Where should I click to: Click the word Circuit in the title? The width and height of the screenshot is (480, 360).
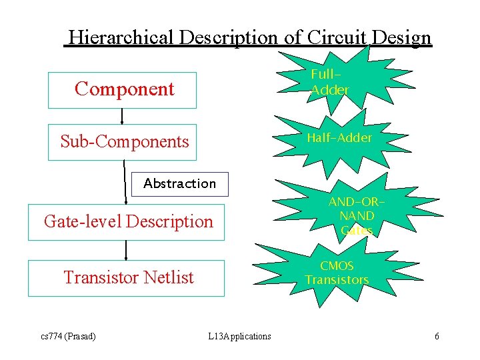(339, 37)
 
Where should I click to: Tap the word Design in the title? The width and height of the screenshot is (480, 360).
(402, 37)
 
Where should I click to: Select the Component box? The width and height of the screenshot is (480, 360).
(122, 89)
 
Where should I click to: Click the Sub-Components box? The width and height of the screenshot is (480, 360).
(122, 142)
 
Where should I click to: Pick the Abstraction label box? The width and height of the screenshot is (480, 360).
(179, 183)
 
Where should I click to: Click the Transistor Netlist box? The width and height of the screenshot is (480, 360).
(127, 277)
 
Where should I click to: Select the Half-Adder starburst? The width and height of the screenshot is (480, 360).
(339, 138)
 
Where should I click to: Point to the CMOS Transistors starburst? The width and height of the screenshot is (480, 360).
(337, 273)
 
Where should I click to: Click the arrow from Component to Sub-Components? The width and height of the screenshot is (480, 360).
(122, 116)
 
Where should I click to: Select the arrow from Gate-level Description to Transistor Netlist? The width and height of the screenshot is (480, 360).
(126, 249)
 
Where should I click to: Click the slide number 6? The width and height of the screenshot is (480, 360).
(437, 336)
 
